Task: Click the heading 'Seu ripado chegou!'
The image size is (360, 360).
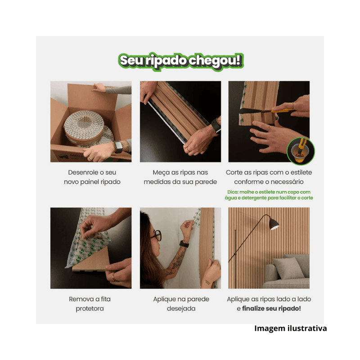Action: (180, 61)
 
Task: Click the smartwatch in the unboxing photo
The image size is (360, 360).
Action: (118, 147)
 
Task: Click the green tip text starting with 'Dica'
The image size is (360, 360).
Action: (270, 195)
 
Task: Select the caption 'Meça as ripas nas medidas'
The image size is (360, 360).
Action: (180, 177)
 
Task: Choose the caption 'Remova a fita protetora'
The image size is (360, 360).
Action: (90, 304)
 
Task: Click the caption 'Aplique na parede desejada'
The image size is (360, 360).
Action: (180, 304)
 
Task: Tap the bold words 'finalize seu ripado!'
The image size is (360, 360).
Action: (272, 309)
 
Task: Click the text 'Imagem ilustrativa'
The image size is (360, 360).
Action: (290, 328)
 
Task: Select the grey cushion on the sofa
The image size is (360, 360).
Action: (285, 268)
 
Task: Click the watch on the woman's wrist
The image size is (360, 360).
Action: (184, 244)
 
